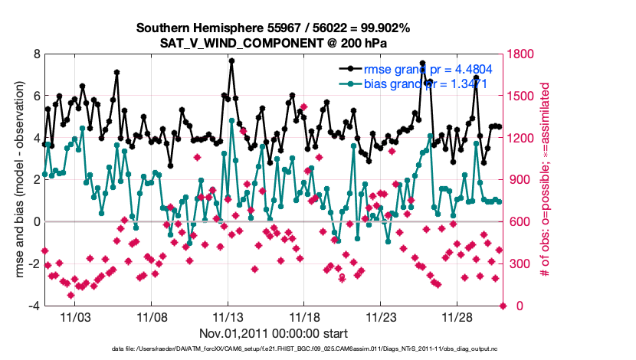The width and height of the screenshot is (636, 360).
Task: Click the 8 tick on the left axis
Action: click(35, 54)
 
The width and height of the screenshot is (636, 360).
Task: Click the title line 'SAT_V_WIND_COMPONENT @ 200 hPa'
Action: click(274, 41)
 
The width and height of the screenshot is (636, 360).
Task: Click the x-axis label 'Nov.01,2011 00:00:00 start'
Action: click(274, 333)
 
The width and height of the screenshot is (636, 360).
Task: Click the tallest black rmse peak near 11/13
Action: click(231, 61)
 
